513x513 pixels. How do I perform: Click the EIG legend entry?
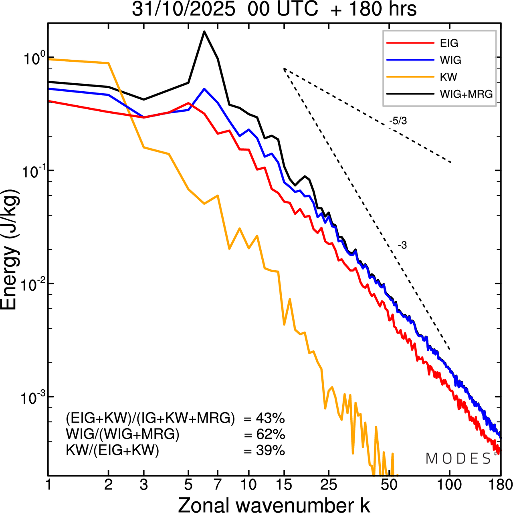pyautogui.click(x=448, y=43)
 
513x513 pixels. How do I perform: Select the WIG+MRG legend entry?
pyautogui.click(x=466, y=94)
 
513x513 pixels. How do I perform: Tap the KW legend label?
pyautogui.click(x=448, y=77)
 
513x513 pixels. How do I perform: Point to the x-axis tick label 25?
pyautogui.click(x=329, y=485)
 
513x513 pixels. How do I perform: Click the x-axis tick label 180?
pyautogui.click(x=500, y=485)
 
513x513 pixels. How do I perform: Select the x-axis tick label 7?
pyautogui.click(x=218, y=485)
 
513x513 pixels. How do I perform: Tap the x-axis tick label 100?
pyautogui.click(x=449, y=485)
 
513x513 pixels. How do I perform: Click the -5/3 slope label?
pyautogui.click(x=398, y=121)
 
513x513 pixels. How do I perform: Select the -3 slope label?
pyautogui.click(x=402, y=245)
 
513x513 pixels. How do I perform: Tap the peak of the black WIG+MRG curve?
pyautogui.click(x=204, y=32)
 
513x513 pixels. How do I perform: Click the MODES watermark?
pyautogui.click(x=458, y=459)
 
